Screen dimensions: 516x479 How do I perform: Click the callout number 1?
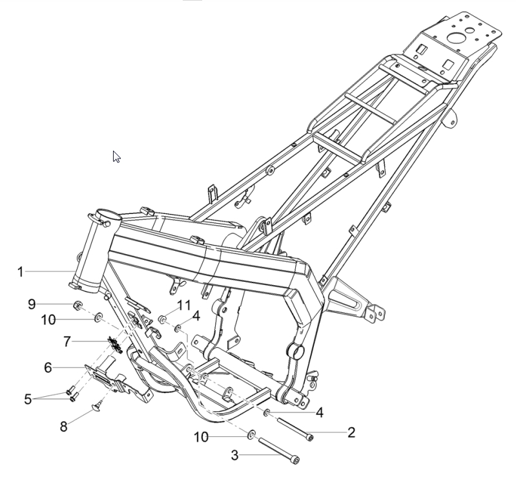21,272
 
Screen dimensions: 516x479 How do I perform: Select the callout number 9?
32,304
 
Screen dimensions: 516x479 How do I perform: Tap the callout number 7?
67,341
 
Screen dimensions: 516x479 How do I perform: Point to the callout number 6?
48,368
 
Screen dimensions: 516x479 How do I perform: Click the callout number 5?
28,399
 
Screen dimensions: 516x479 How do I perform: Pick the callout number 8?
63,427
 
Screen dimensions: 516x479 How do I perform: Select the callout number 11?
184,305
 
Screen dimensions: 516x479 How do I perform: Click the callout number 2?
351,432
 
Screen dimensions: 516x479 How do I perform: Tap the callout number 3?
234,455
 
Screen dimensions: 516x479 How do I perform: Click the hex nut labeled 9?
77,306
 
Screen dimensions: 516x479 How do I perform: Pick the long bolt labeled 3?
279,451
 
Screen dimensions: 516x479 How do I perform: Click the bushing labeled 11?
163,319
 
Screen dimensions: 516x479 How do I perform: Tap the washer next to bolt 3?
251,435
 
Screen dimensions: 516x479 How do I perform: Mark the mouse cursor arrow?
116,157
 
